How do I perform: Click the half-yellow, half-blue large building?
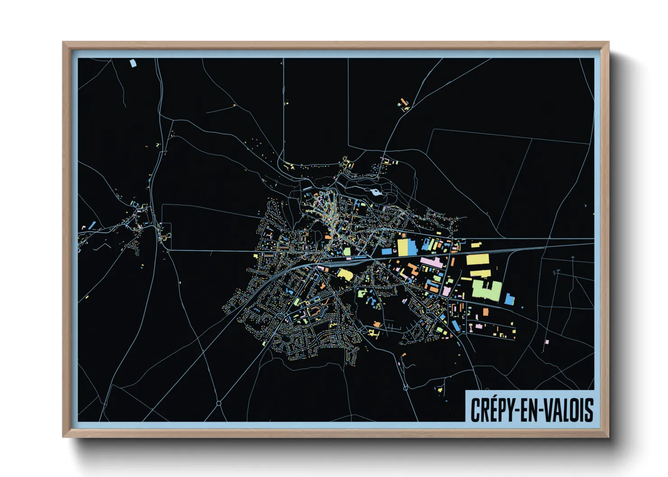[x=406, y=248]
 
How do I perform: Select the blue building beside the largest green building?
[x=509, y=298]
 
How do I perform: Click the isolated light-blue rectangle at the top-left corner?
[x=133, y=63]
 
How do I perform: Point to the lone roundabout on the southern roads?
[x=219, y=403]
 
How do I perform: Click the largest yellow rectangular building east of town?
[x=478, y=260]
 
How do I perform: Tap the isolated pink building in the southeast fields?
[x=547, y=342]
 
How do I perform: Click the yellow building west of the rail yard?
[x=345, y=274]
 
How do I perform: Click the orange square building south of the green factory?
[x=485, y=312]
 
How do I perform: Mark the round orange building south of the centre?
[x=377, y=324]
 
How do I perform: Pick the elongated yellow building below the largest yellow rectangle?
[x=480, y=273]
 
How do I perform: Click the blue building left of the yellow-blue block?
[x=387, y=252]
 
